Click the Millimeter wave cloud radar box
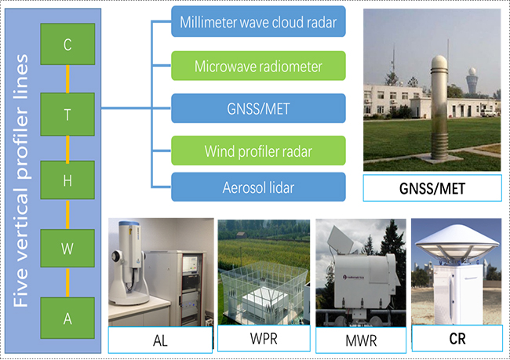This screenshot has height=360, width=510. coord(258,22)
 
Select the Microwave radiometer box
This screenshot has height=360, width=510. coord(258,65)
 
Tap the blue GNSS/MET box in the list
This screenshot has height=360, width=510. coord(258,108)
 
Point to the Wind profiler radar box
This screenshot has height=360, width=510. coord(258,149)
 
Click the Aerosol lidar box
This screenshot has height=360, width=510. coord(258,188)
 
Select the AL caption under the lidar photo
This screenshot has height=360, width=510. coord(159,340)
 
